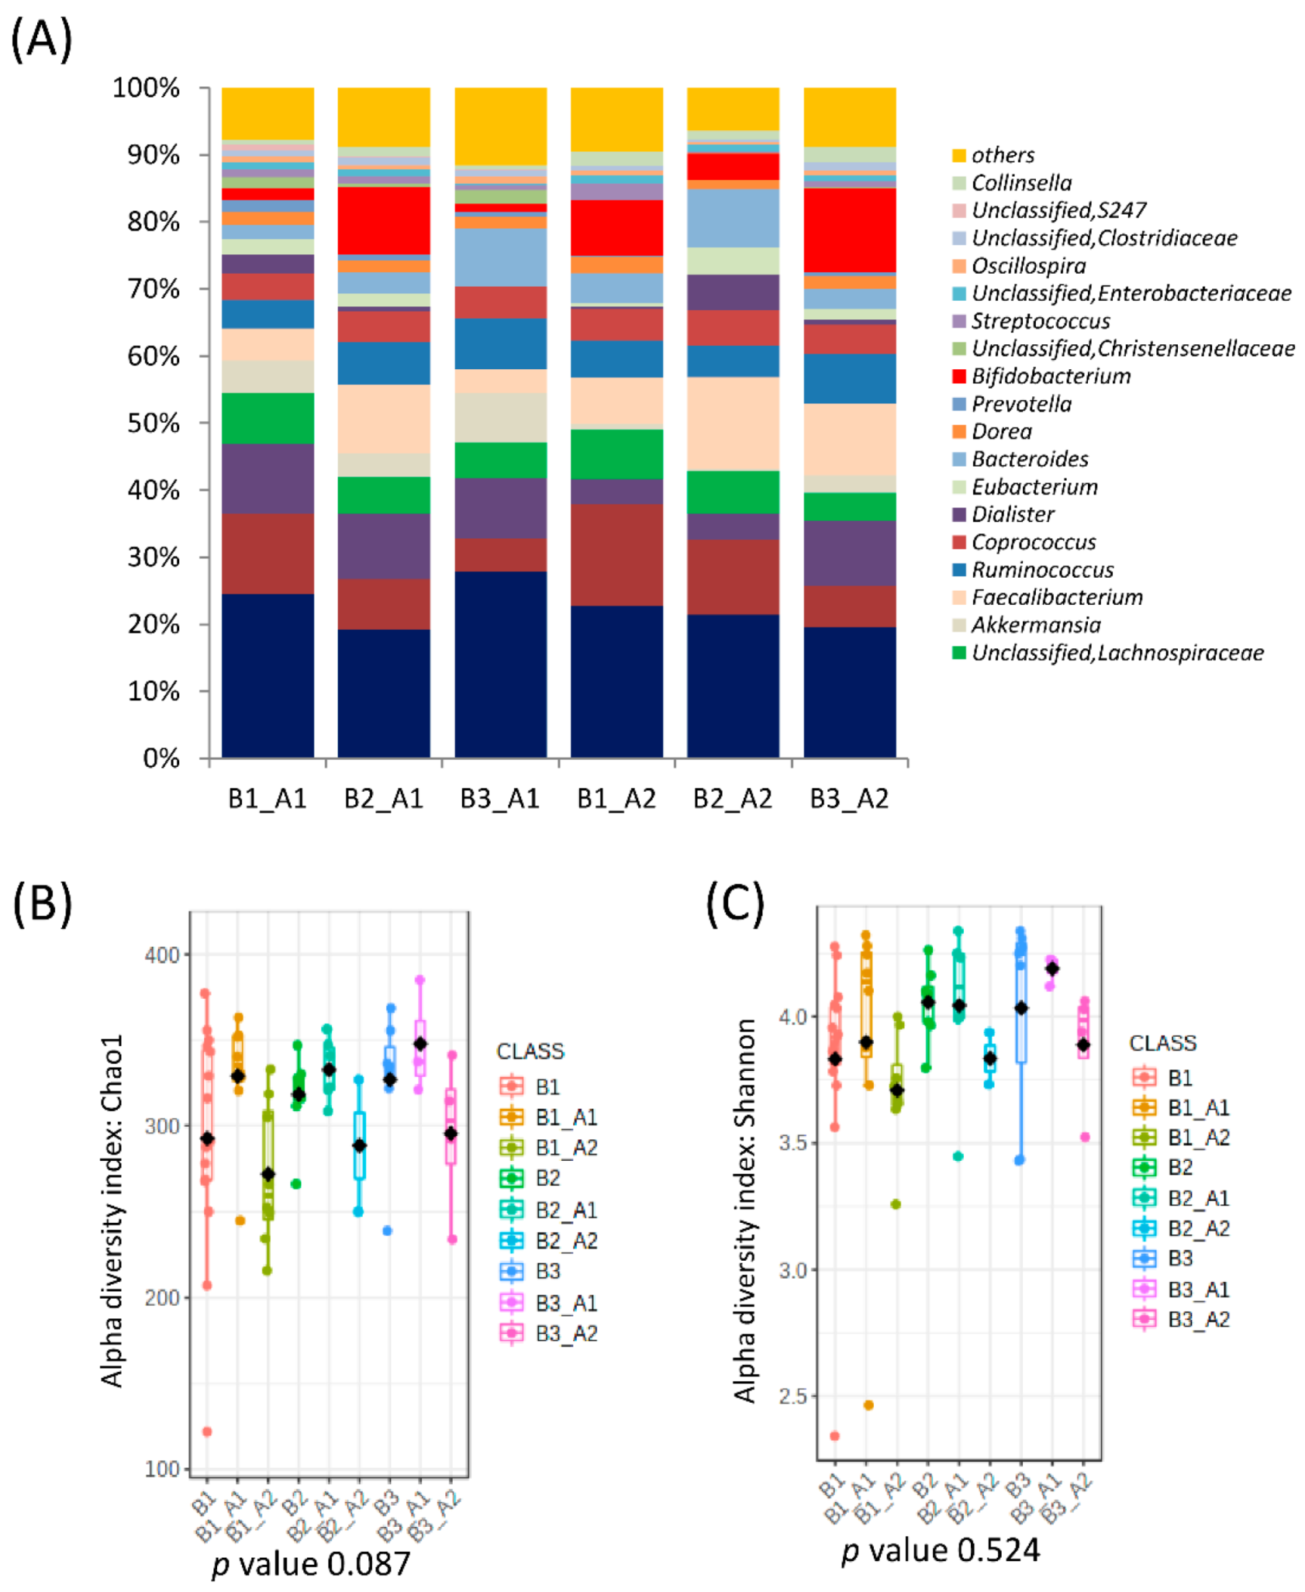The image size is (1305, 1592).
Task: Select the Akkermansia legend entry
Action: coord(1034,625)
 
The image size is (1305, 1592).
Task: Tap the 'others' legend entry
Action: coord(1002,155)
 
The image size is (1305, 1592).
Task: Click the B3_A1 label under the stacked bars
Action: coord(499,798)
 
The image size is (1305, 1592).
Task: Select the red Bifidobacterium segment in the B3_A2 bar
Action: coord(849,230)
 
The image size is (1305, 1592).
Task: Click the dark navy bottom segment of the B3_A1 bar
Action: coord(500,664)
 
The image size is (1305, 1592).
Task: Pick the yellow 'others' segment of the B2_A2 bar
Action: coord(733,109)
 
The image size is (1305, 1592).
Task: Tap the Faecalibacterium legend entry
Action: coord(1056,597)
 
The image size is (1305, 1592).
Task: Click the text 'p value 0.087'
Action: coord(310,1563)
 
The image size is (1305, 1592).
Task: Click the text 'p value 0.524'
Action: coord(940,1550)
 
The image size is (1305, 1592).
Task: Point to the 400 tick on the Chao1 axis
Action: coord(162,955)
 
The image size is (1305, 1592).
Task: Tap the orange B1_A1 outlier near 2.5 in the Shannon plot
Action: coord(868,1405)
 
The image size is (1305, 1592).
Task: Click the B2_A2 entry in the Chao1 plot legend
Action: coord(565,1241)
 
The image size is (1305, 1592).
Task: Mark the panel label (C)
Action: coord(734,903)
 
